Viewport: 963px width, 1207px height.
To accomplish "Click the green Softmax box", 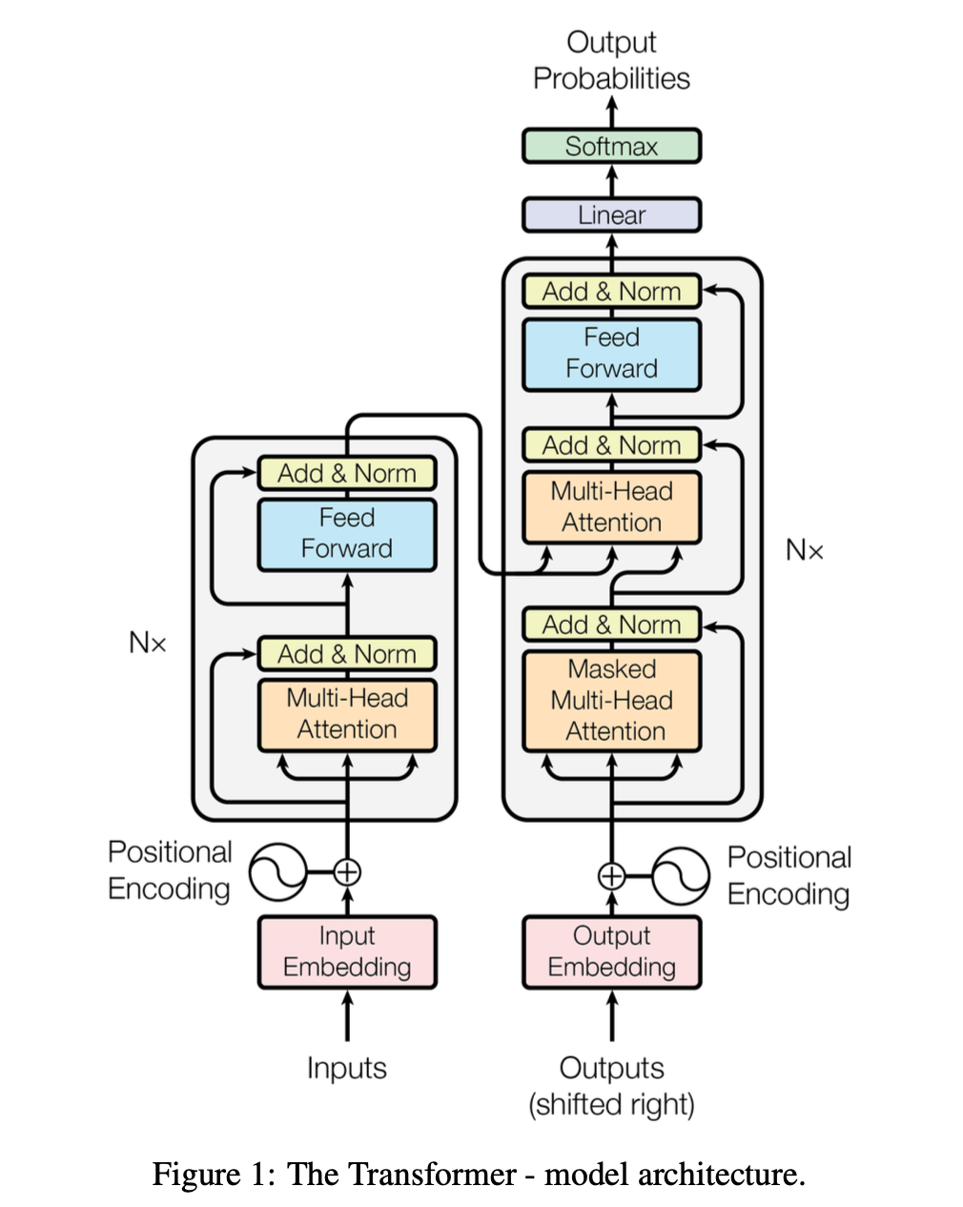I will (x=611, y=146).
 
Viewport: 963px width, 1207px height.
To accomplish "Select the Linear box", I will (x=611, y=215).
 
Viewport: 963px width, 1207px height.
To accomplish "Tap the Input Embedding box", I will (x=347, y=951).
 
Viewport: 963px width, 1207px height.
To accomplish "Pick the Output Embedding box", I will (x=611, y=951).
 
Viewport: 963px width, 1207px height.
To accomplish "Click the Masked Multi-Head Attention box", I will (x=611, y=701).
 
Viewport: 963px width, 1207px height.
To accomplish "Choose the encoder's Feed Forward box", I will (x=347, y=534).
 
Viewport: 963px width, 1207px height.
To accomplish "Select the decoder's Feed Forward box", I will (x=611, y=354).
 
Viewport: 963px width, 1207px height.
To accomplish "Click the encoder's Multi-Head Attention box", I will (x=347, y=714).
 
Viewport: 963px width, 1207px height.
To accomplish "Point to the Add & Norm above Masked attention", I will (x=611, y=624).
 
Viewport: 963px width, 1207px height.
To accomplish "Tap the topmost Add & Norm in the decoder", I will (x=611, y=291).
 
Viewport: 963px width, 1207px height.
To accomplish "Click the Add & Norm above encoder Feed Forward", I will (x=347, y=473).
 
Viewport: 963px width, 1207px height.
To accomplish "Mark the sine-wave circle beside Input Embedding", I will (x=277, y=871).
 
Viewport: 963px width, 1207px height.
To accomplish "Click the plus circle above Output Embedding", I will (x=611, y=875).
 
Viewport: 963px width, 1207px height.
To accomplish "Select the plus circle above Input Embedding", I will (x=347, y=871).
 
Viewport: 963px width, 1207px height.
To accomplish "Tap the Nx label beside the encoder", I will (x=148, y=644).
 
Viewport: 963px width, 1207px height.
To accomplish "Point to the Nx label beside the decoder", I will (x=804, y=550).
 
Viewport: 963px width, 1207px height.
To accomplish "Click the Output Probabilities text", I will (x=611, y=60).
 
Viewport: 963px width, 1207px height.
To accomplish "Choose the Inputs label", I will (x=347, y=1068).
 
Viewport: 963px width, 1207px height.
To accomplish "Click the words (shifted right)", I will (x=611, y=1104).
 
